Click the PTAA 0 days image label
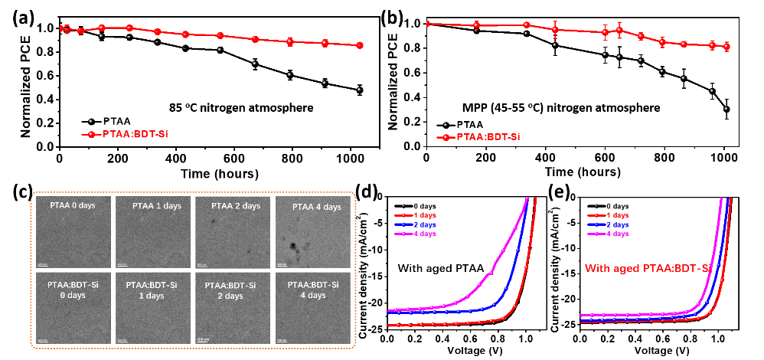pos(73,205)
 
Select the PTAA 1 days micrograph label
pos(156,205)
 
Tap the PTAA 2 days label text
pos(236,205)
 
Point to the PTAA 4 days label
pos(315,207)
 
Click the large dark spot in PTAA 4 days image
pos(294,246)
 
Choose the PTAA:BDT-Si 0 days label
pos(73,290)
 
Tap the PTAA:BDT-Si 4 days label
pos(313,290)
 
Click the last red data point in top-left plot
pos(360,45)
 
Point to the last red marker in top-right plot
pos(726,47)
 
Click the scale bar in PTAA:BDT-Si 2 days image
pos(203,339)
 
